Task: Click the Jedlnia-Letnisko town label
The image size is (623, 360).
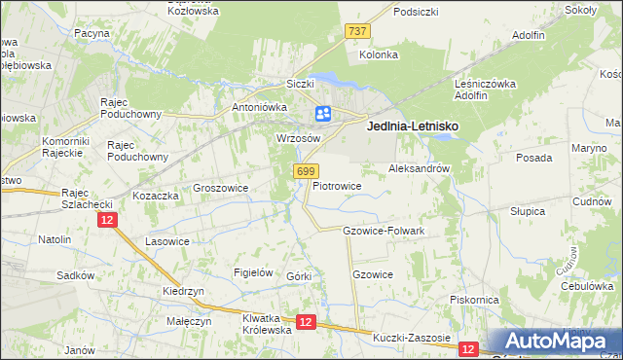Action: coord(412,126)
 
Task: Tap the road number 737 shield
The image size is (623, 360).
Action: coord(357,31)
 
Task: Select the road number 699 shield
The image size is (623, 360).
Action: coord(305,171)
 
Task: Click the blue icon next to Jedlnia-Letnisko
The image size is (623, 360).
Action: coord(323,114)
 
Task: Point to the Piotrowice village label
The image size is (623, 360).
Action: coord(337,185)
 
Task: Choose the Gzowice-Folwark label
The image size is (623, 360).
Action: coord(384,231)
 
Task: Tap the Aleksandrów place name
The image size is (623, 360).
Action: coord(419,168)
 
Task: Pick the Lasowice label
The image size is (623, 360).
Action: coord(166,240)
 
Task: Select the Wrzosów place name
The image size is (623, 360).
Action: coord(299,139)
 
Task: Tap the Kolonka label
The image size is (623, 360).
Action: coord(379,54)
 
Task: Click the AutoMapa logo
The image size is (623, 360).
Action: coord(556,342)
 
